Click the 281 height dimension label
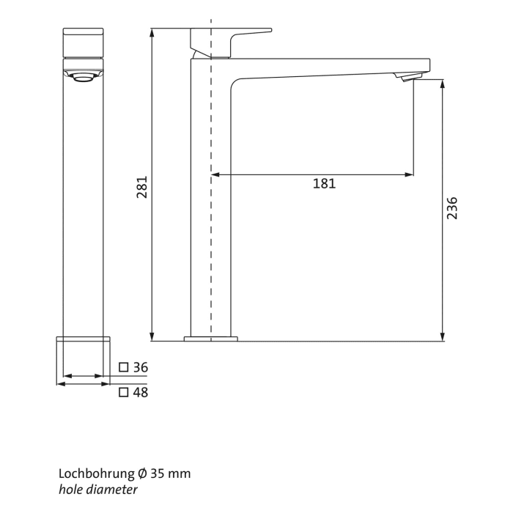[144, 186]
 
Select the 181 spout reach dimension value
[324, 184]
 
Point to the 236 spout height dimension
[451, 209]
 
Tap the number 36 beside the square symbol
[141, 367]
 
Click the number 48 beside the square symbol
[141, 392]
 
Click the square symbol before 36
[123, 367]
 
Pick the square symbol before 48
[123, 392]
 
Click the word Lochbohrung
[95, 473]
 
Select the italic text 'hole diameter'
[97, 489]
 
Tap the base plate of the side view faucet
[211, 339]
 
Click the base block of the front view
[84, 359]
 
